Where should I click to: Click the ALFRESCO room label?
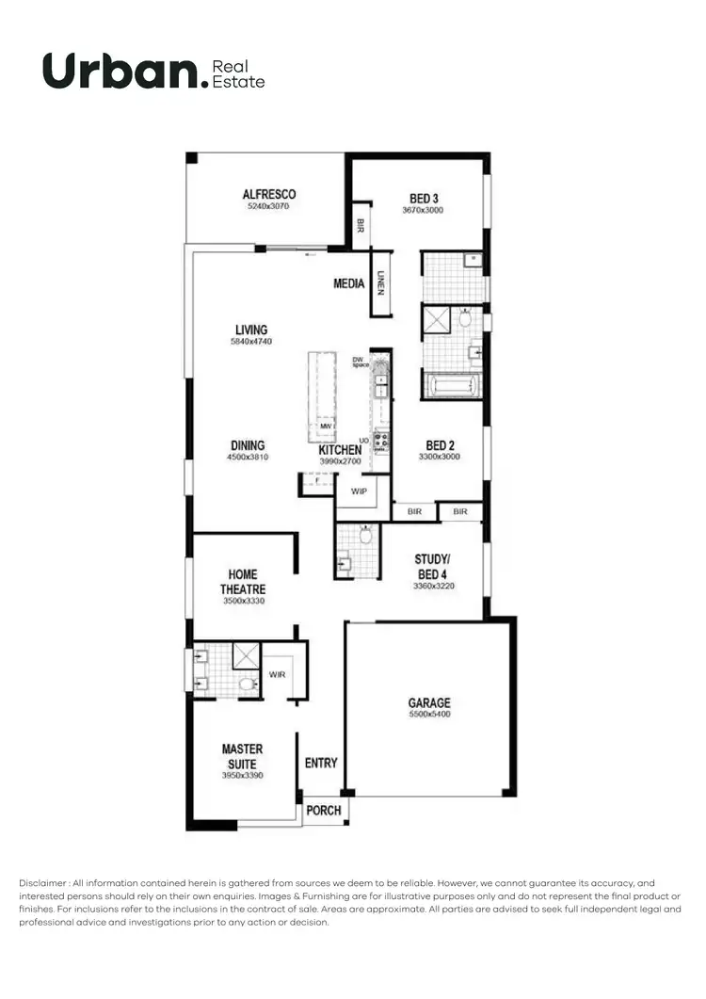coord(269,195)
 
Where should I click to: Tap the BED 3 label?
coord(424,199)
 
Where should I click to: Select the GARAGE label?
coord(428,702)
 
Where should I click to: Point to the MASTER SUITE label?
coord(242,757)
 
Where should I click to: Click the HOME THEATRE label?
coord(243,582)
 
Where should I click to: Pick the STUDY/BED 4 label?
coord(433,567)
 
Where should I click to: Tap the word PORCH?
coord(324,810)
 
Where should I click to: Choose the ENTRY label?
coord(321,763)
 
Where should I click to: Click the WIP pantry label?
coord(358,491)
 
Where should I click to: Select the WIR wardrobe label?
coord(277,674)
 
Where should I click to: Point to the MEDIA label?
coord(349,283)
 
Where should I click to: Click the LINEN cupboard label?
coord(380,282)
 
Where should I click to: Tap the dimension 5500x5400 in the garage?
coord(428,715)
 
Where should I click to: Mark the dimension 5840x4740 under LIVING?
coord(250,342)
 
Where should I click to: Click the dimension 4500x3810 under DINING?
coord(247,458)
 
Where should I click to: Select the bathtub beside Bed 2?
coord(453,386)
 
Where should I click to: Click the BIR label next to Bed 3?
coord(361,226)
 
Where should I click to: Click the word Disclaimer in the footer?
coord(43,882)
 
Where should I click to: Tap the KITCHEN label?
coord(340,450)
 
